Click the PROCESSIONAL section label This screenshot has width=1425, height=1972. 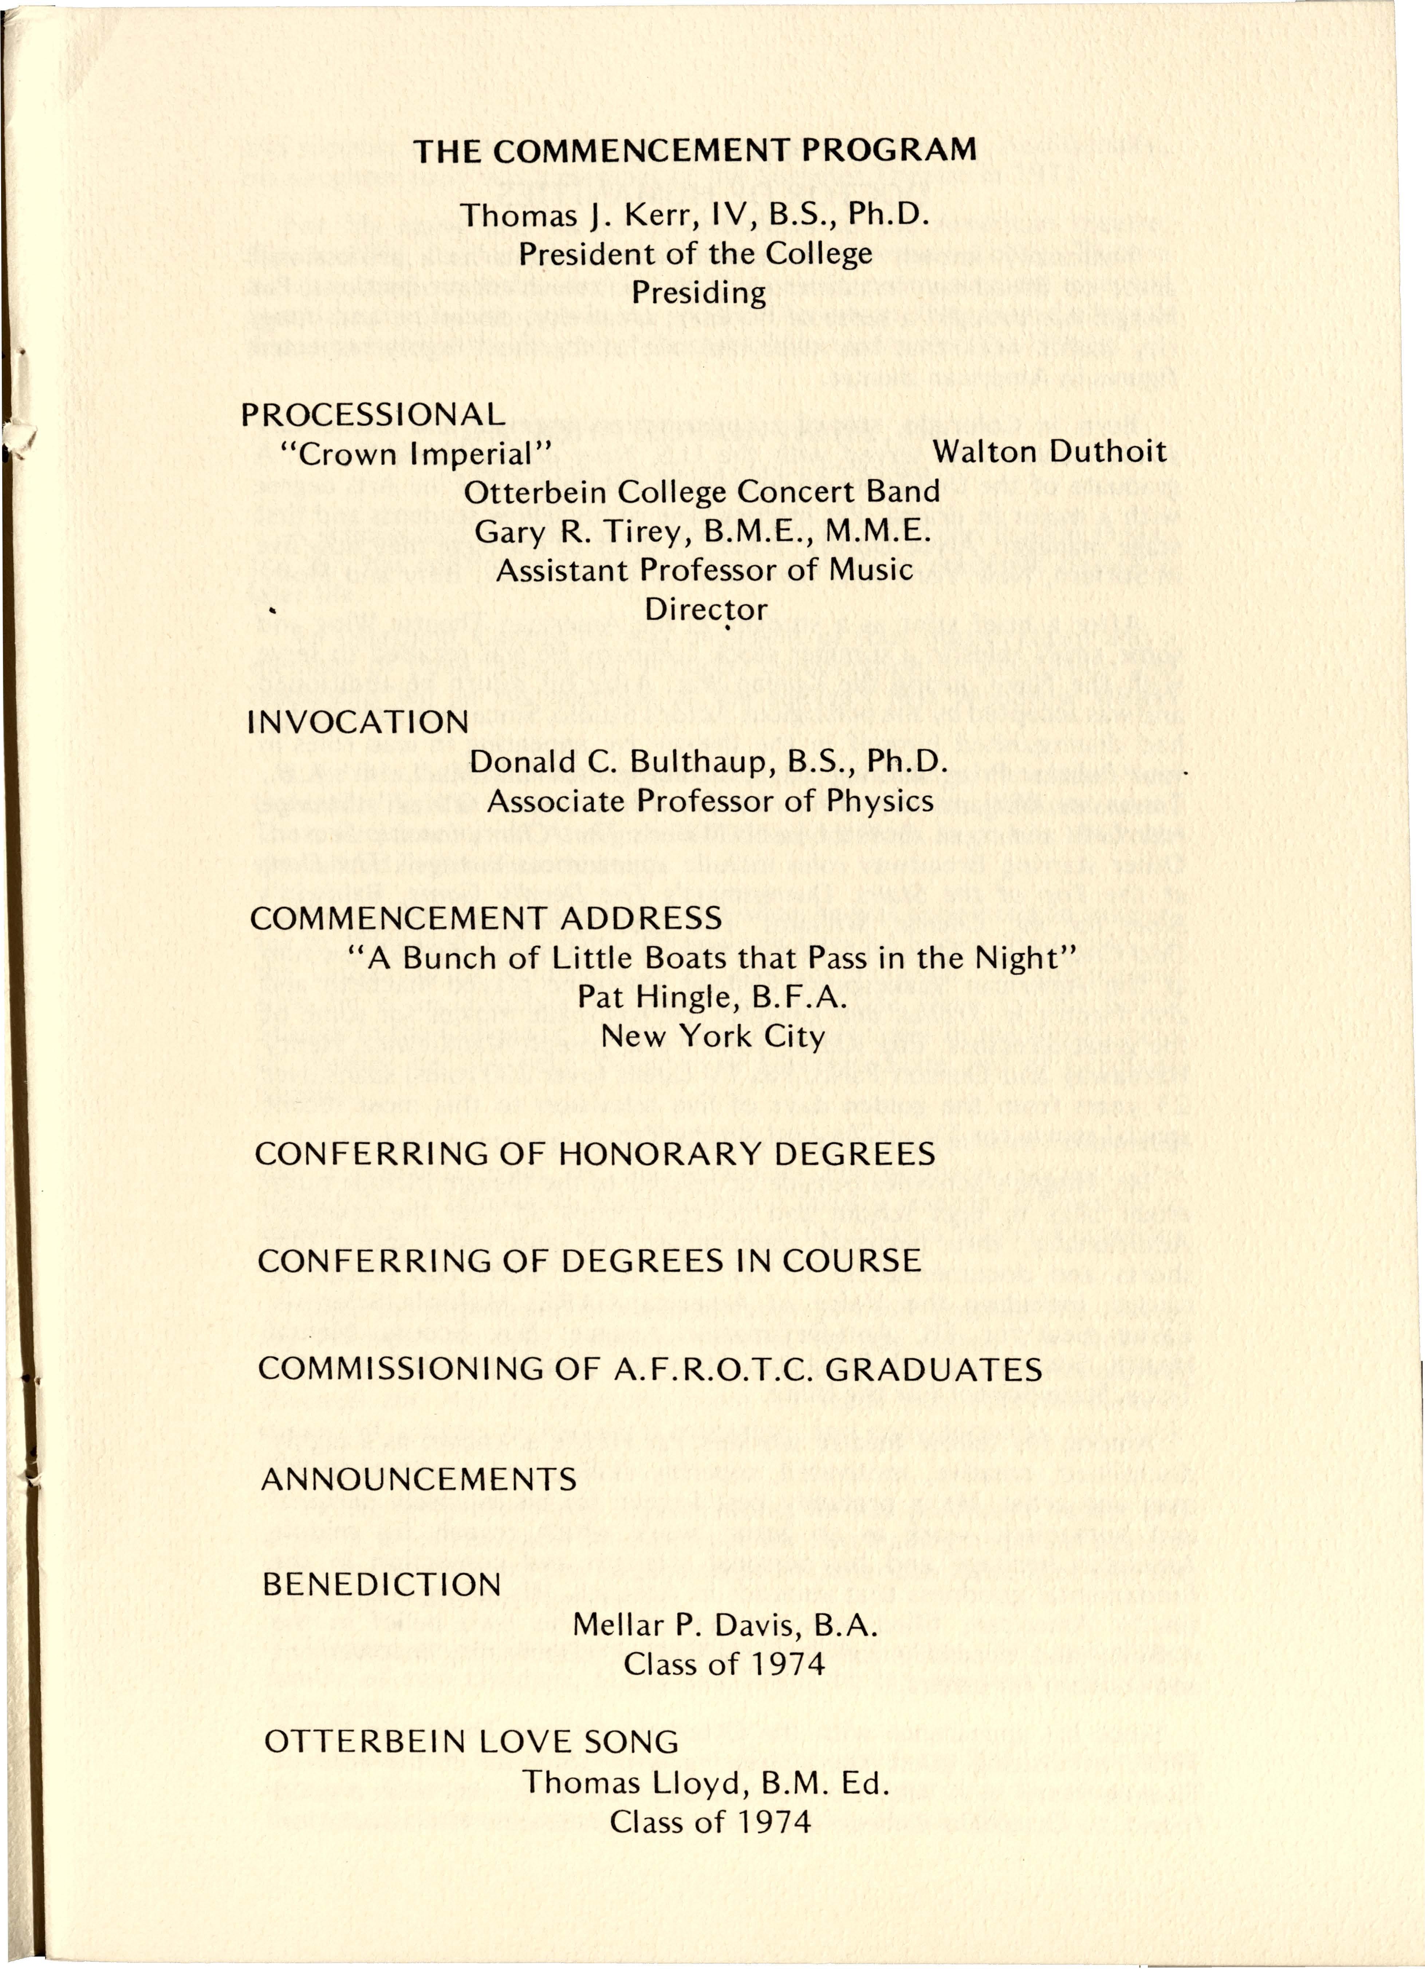pyautogui.click(x=373, y=414)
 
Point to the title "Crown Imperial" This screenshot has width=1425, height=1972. pyautogui.click(x=417, y=454)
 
